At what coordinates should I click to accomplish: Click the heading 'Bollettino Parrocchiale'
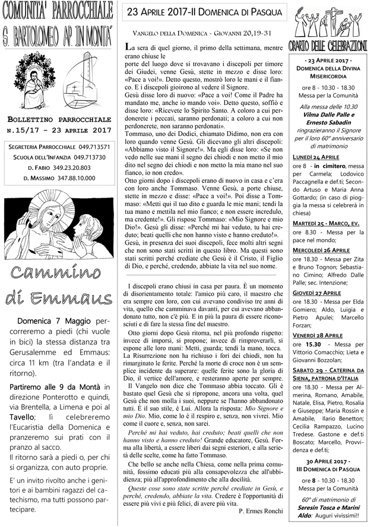(61, 118)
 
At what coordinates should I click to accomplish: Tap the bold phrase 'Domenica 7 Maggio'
(56, 322)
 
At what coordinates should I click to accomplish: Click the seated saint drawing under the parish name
(31, 80)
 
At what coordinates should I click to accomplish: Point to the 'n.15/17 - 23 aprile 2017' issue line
(61, 129)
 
